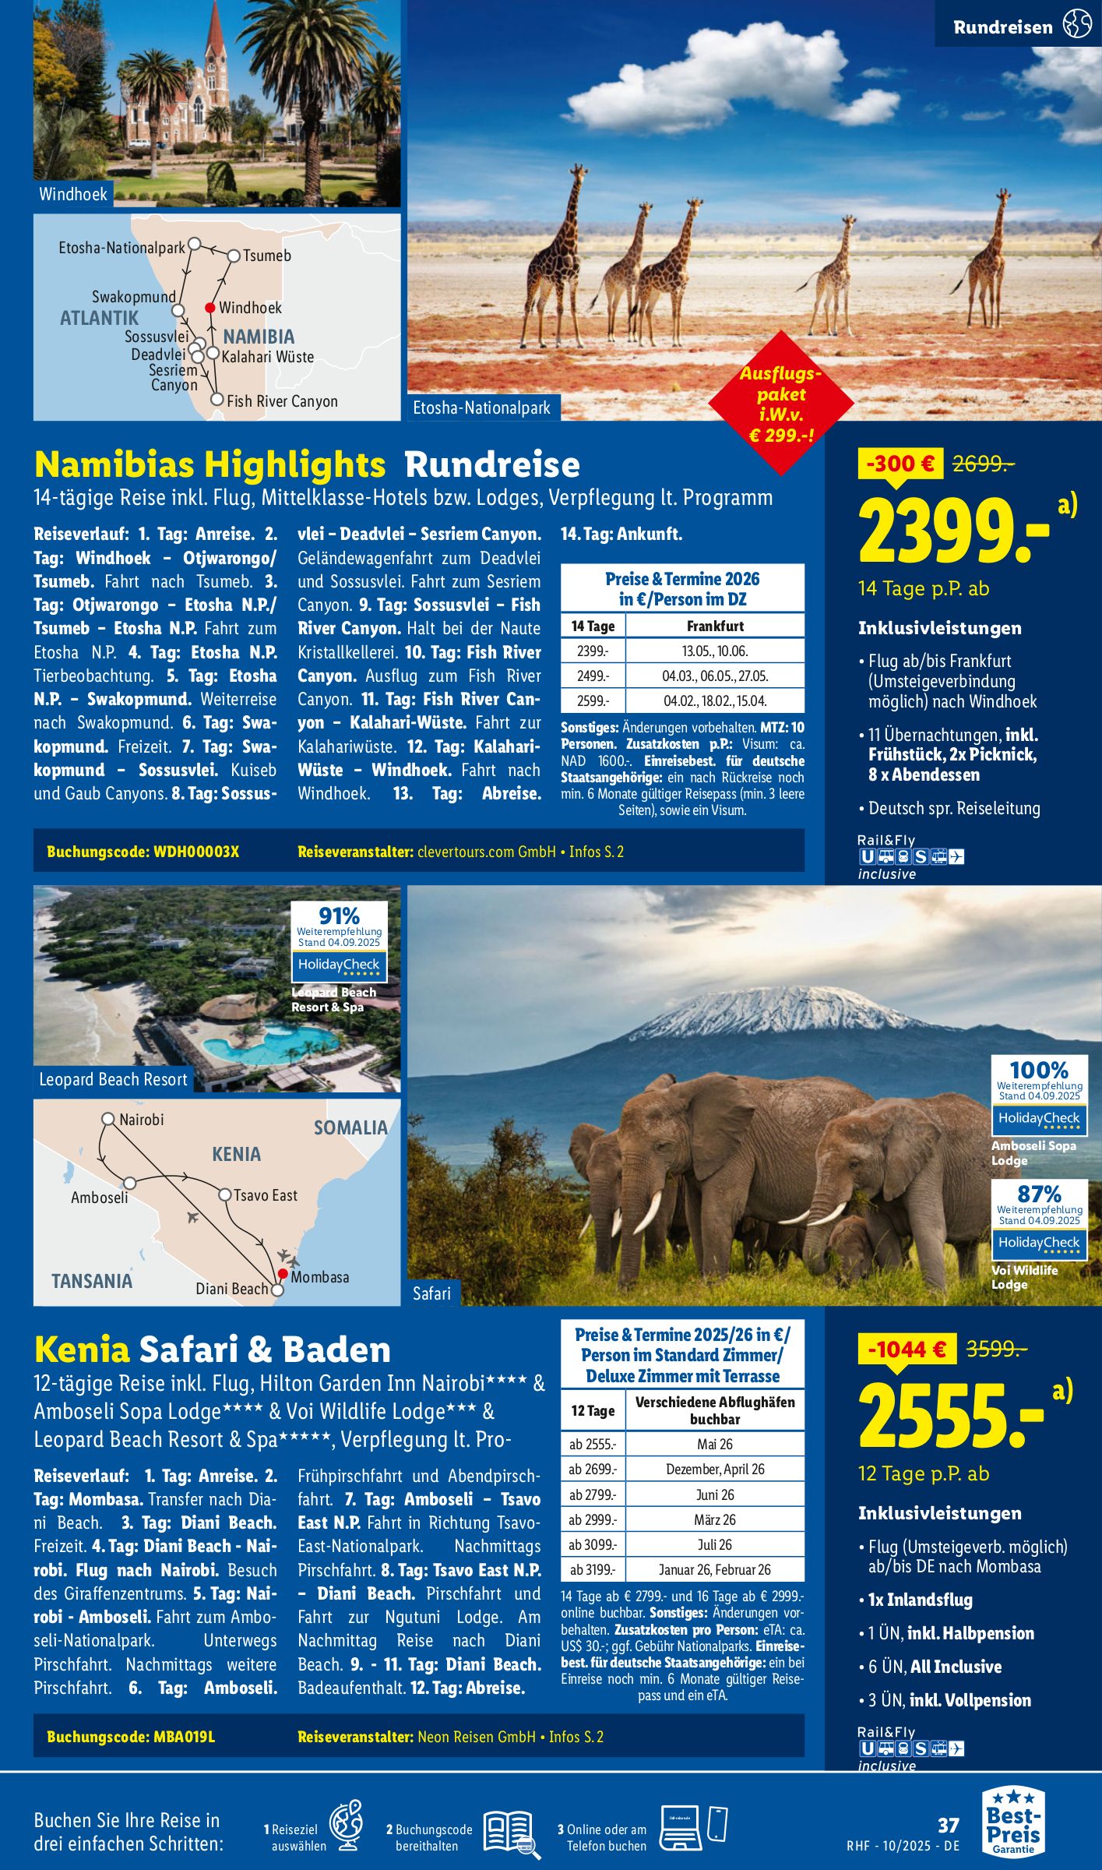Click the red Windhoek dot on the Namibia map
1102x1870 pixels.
209,308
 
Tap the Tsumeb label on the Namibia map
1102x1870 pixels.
267,256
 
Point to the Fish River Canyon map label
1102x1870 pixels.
282,401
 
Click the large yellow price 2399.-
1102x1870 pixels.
954,532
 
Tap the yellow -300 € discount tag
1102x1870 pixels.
900,464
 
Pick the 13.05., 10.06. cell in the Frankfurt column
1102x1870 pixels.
714,651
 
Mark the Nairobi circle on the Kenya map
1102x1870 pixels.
108,1119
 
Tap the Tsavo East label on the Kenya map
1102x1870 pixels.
266,1195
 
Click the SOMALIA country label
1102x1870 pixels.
350,1127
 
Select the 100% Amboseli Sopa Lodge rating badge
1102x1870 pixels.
1039,1096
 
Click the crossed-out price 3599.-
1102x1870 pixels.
996,1349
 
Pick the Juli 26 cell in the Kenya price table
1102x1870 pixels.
714,1545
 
